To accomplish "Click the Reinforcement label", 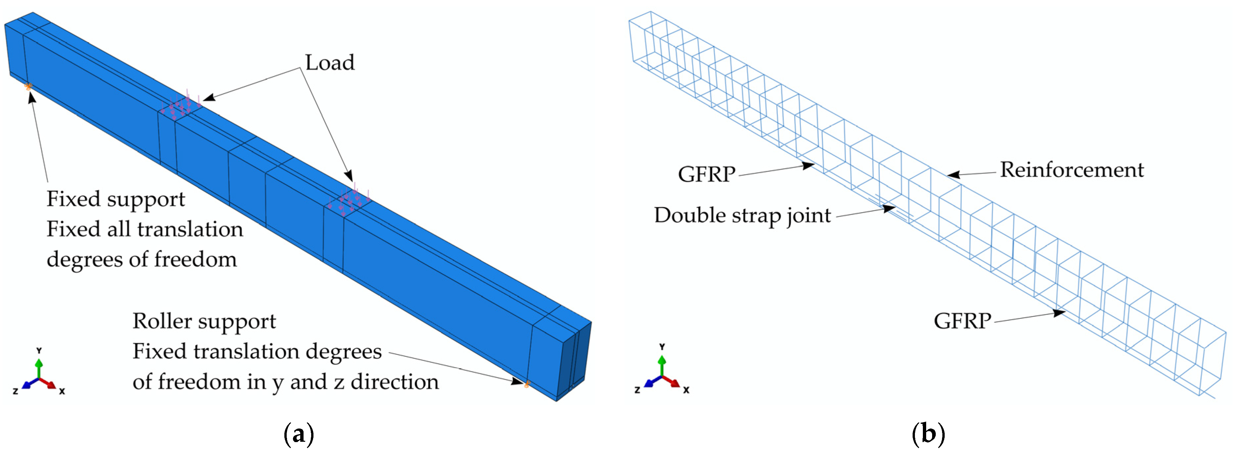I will click(x=1072, y=170).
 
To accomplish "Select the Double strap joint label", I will click(x=742, y=215).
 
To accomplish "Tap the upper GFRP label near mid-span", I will click(x=706, y=174).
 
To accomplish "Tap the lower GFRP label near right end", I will click(x=962, y=321).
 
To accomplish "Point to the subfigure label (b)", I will click(x=928, y=434).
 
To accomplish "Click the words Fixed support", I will click(x=115, y=199).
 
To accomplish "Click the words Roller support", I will click(x=204, y=321).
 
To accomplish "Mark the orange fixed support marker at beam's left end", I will click(x=28, y=87).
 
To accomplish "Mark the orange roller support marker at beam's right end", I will click(x=526, y=384).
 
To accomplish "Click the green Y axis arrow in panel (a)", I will click(x=39, y=367).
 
